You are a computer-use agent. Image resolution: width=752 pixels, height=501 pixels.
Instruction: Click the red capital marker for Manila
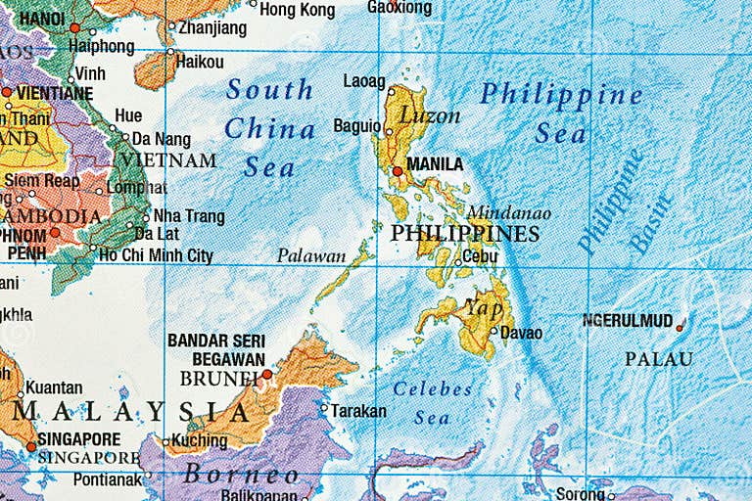pos(398,171)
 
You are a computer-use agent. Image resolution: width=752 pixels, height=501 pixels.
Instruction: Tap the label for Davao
pos(521,333)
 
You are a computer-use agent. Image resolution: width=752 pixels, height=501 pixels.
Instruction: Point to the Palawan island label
pos(311,256)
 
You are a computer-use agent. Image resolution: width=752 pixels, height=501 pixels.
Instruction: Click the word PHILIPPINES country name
pos(464,234)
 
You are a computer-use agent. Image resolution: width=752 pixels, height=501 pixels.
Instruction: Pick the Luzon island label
pos(429,115)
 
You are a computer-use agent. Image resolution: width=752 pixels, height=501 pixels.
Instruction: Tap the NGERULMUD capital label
pos(627,321)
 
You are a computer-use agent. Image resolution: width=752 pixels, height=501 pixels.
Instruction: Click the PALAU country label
pos(658,359)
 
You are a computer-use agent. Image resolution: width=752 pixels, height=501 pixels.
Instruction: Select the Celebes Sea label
pos(432,402)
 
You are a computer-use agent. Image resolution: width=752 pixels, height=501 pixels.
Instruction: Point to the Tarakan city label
pos(358,411)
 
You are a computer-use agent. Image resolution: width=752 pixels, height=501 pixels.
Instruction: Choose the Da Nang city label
pos(162,139)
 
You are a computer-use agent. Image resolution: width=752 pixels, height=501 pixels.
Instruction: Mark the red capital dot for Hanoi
pos(74,28)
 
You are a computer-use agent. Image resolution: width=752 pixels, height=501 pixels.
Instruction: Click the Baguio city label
pos(356,125)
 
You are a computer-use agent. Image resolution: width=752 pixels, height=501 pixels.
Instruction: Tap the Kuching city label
pos(200,441)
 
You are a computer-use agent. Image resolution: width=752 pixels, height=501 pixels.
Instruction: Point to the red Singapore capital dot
pos(31,447)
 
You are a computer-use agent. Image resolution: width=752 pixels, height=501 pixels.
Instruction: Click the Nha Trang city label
pos(189,216)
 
